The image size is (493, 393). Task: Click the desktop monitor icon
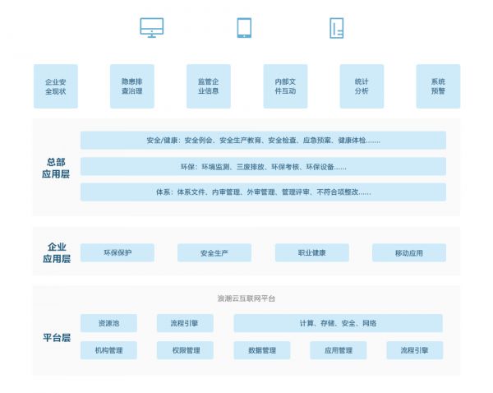[151, 28]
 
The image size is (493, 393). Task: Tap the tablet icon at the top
[244, 28]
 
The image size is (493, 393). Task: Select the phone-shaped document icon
[336, 28]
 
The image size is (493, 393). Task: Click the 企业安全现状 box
[56, 86]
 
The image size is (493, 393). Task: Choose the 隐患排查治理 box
[132, 86]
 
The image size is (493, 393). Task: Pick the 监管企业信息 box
[209, 86]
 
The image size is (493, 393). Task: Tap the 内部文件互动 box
[285, 86]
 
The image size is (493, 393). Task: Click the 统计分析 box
[362, 86]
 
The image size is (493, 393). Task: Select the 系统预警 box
[438, 86]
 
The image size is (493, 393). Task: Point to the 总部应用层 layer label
[56, 168]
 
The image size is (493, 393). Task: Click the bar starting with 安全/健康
[263, 140]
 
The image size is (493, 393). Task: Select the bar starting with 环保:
[263, 166]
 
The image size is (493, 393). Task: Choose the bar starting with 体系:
[263, 192]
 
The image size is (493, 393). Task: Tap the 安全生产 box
[214, 252]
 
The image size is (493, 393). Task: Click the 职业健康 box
[312, 252]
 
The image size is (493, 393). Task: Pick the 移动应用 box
[408, 252]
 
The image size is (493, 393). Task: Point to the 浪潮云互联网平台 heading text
[246, 298]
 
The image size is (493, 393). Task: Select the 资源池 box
[108, 323]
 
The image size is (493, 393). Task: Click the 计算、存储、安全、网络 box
[338, 323]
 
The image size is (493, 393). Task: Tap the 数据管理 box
[262, 350]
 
